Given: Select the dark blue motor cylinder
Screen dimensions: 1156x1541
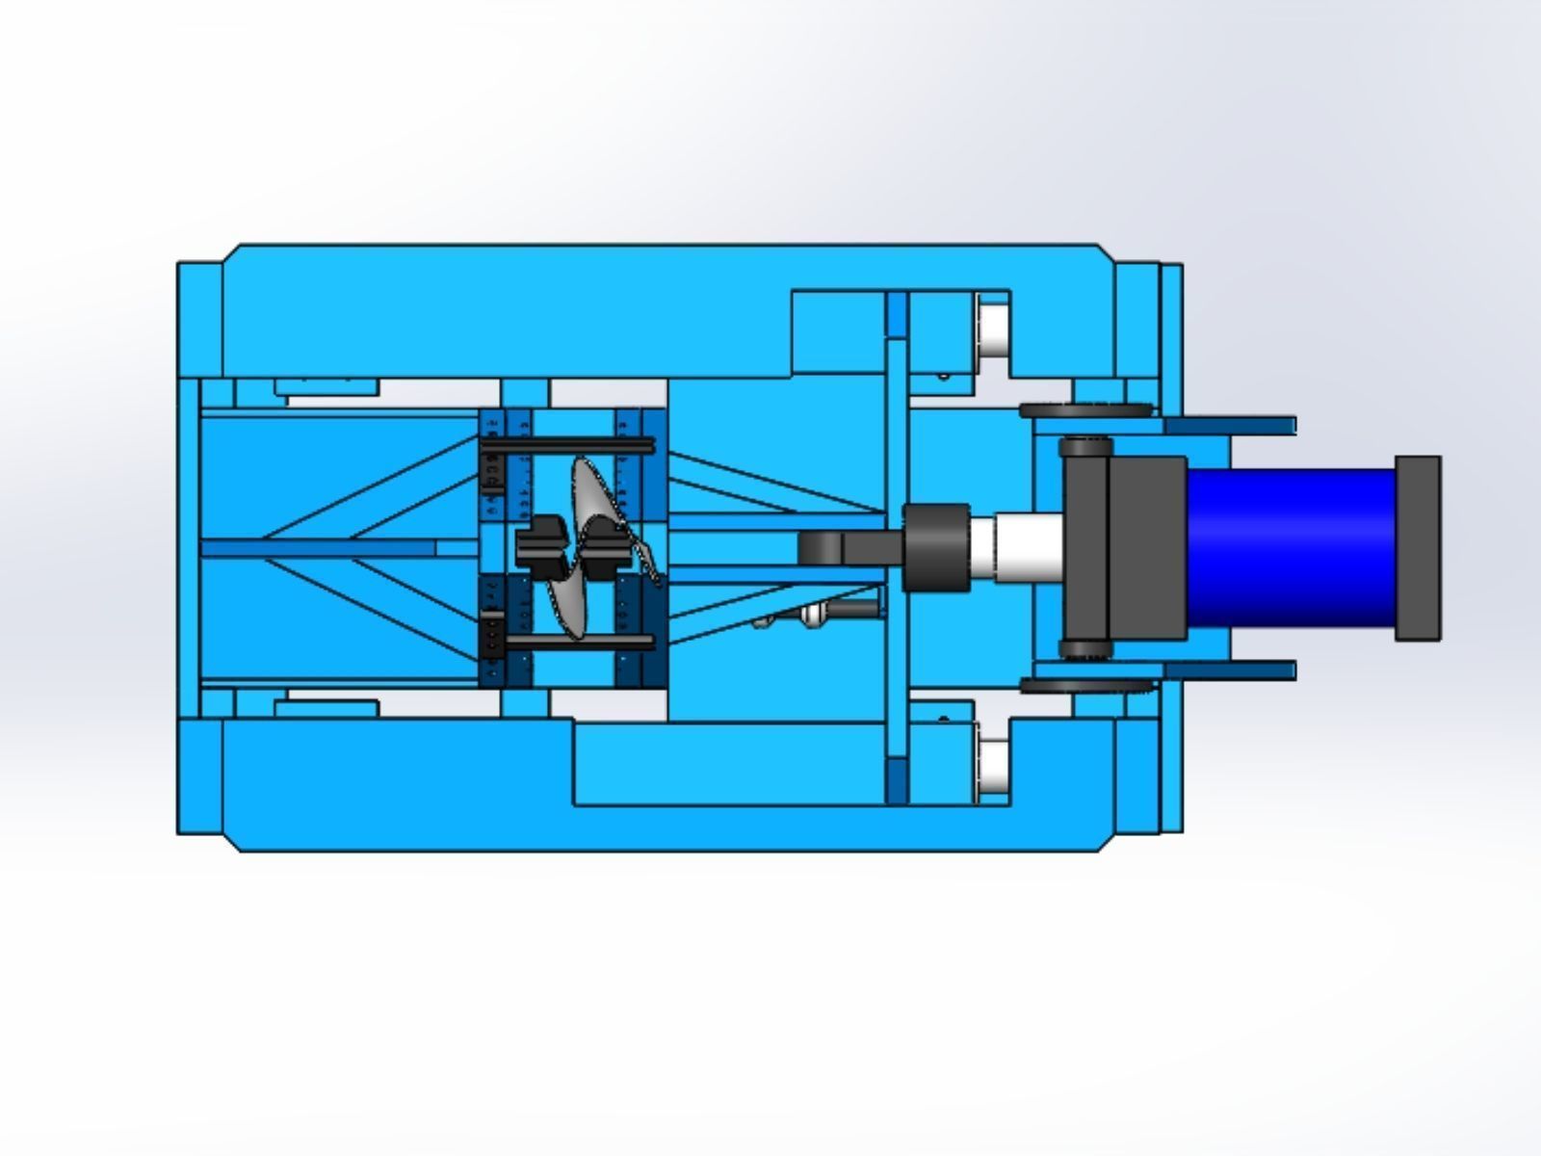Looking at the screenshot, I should coord(1291,546).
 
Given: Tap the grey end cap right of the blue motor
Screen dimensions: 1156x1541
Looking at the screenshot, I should coord(1418,547).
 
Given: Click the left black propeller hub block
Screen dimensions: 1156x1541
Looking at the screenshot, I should coord(539,547).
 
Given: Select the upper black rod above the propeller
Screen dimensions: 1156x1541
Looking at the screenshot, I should coord(568,445).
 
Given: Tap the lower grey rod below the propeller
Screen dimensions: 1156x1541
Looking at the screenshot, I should coord(568,641).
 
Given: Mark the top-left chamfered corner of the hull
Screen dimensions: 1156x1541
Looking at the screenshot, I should coord(231,252).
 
